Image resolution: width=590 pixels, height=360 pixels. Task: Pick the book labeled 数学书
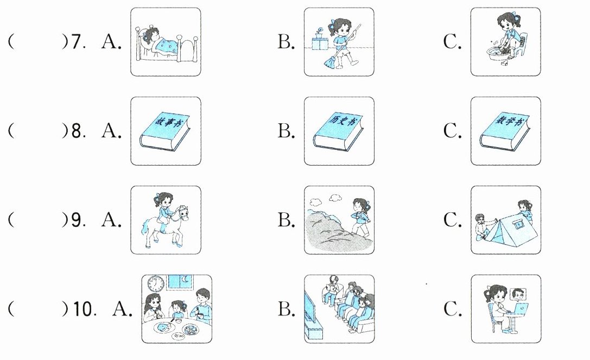[x=505, y=131]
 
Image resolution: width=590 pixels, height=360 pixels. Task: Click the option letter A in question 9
[x=110, y=220]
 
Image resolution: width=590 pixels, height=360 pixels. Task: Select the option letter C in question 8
[x=452, y=131]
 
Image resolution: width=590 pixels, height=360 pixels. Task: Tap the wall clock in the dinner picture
[x=156, y=284]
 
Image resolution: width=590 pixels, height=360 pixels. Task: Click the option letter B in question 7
[x=286, y=42]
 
